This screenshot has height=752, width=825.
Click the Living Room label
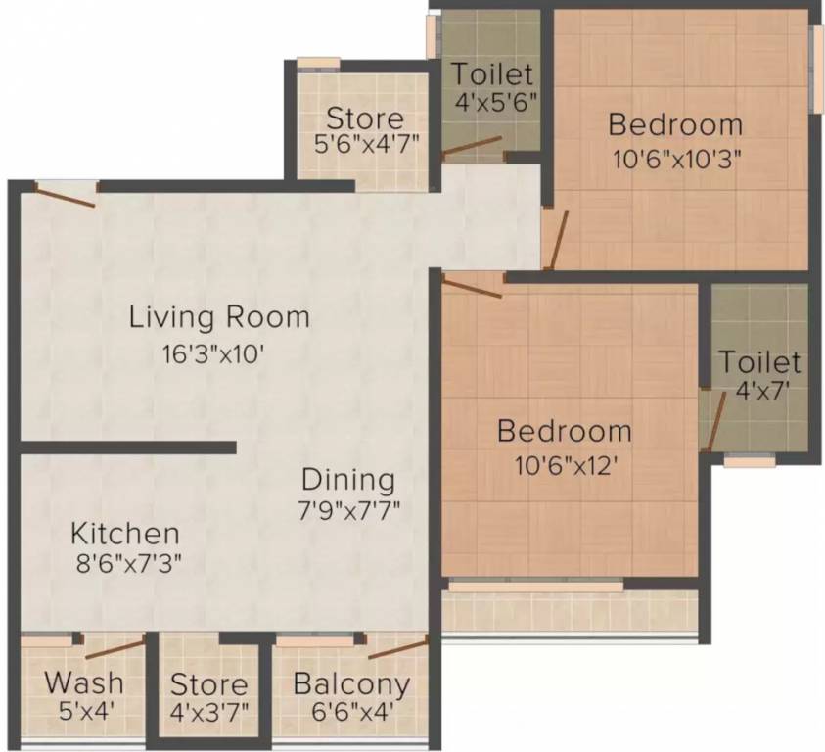219,317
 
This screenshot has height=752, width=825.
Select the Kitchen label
124,534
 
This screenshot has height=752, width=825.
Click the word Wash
84,681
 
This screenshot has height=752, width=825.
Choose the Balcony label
351,682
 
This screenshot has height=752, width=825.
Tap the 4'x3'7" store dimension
208,712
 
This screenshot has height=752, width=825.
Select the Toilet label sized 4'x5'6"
492,73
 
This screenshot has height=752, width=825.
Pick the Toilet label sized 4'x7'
759,362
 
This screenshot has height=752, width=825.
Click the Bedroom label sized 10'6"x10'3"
675,125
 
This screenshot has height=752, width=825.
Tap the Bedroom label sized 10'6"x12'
564,431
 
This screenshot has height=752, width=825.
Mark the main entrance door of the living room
67,195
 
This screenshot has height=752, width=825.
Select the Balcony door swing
397,647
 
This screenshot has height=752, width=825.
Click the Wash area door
115,647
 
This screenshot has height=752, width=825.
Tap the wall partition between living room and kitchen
127,447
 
